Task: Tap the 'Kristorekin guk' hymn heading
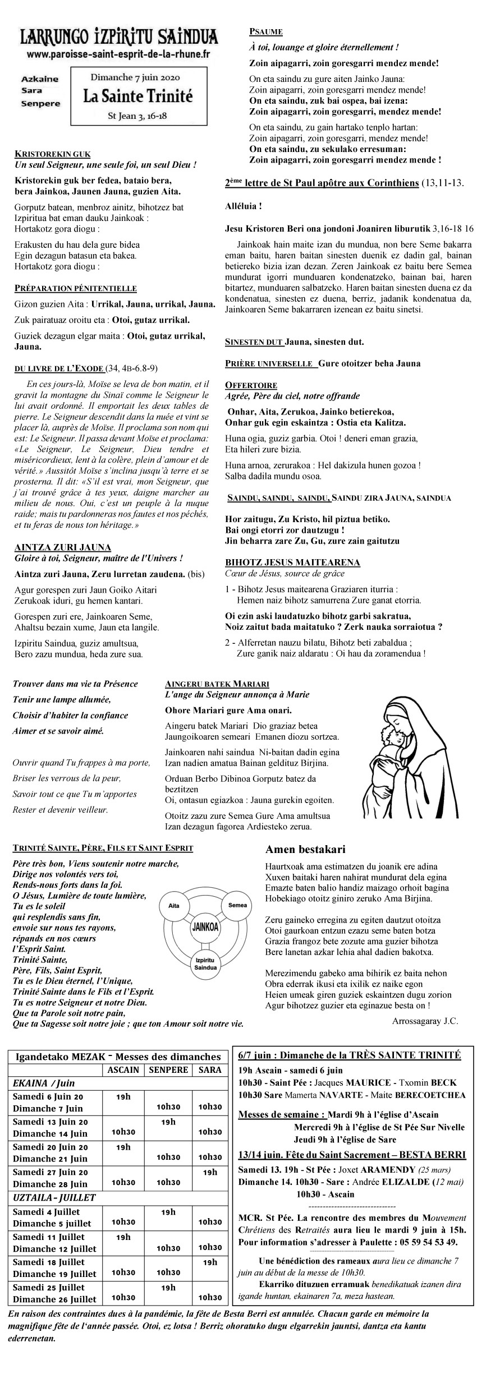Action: [x=52, y=154]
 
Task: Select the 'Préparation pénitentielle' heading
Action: [x=75, y=288]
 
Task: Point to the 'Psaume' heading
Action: [x=267, y=33]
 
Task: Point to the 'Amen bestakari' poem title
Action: [x=305, y=850]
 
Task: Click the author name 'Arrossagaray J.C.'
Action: [x=425, y=1021]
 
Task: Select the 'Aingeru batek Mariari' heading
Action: [x=217, y=684]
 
